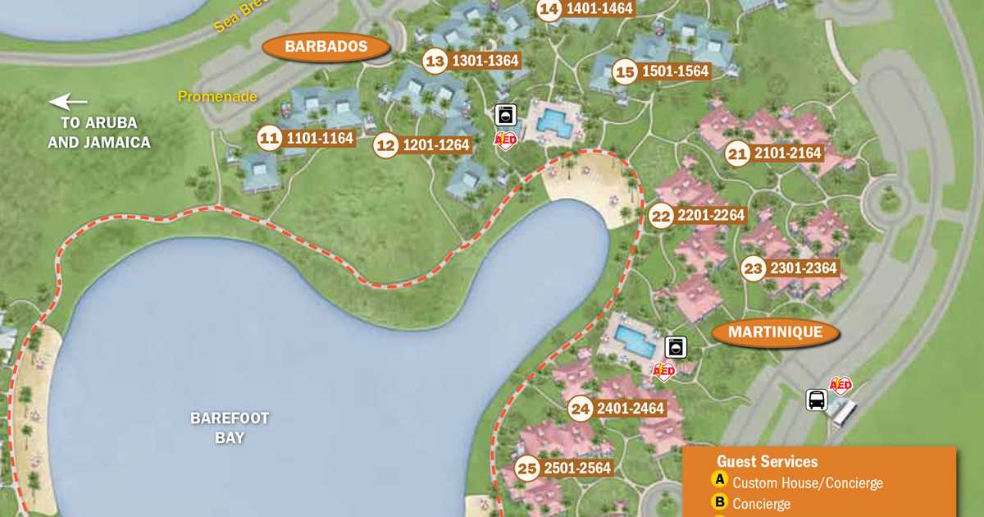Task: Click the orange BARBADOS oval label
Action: (326, 47)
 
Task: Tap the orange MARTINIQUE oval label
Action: (776, 332)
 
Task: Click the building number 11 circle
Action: (269, 139)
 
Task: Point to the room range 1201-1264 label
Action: (435, 145)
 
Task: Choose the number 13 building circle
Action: (435, 62)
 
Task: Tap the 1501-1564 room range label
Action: (675, 71)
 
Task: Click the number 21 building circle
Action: (738, 153)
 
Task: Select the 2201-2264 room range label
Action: (711, 216)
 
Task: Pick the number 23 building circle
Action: (753, 268)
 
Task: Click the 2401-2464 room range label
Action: (630, 408)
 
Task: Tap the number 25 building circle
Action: (527, 469)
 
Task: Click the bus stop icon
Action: (817, 400)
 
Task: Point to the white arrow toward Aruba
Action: (68, 103)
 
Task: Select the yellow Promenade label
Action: (218, 97)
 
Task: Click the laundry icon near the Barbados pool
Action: (506, 115)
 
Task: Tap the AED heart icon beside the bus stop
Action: (841, 385)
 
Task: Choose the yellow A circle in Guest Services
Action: (720, 482)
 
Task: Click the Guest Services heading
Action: (767, 462)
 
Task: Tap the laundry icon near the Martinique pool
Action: (676, 347)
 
